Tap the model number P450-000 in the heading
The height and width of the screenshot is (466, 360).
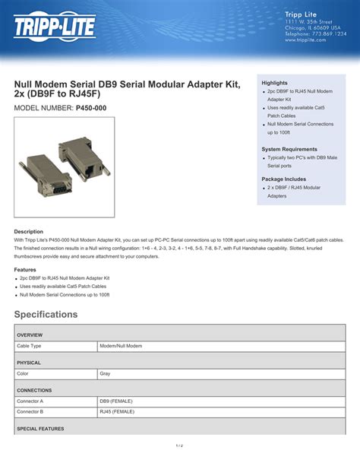click(91, 109)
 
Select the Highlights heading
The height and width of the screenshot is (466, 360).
click(274, 82)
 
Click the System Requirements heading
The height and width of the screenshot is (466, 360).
click(289, 149)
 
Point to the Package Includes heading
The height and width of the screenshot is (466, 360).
click(284, 179)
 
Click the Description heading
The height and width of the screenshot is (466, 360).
click(29, 231)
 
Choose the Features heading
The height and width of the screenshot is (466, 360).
click(25, 270)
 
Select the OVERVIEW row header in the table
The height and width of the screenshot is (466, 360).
click(30, 335)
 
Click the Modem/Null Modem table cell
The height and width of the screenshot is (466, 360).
click(121, 346)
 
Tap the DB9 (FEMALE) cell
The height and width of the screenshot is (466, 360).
click(116, 401)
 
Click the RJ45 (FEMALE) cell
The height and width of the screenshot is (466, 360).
click(117, 411)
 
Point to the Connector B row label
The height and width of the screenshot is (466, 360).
click(31, 411)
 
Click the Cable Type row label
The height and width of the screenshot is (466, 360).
click(30, 346)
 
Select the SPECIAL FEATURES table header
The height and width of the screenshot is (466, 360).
click(41, 429)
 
